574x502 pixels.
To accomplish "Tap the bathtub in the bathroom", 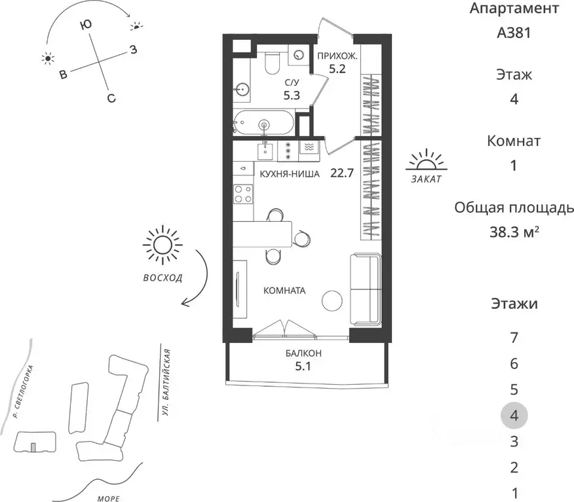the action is click(263, 123).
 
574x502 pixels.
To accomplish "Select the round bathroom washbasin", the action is click(242, 89).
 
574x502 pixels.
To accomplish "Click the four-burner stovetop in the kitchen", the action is click(244, 194).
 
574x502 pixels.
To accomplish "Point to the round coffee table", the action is click(332, 300).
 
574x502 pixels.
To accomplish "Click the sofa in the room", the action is click(366, 289).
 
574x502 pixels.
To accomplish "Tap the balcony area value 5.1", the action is click(303, 366).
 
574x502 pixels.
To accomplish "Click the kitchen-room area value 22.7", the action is click(342, 173).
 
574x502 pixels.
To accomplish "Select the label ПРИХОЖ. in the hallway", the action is click(337, 56).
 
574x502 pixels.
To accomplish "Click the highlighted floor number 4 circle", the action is click(514, 416).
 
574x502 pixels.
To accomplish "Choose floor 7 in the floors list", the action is click(514, 338).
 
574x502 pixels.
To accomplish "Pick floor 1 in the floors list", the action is click(514, 493).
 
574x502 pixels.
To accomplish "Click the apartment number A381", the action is click(514, 33).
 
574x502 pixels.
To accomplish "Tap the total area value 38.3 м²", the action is click(514, 232).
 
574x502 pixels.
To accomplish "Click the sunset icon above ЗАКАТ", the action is click(427, 161).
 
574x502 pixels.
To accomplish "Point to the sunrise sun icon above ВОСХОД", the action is click(163, 245).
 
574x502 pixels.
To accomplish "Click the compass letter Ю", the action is click(86, 25).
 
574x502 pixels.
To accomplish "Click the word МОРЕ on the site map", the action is click(109, 498).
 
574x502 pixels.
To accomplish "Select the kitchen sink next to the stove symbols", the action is click(265, 151).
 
